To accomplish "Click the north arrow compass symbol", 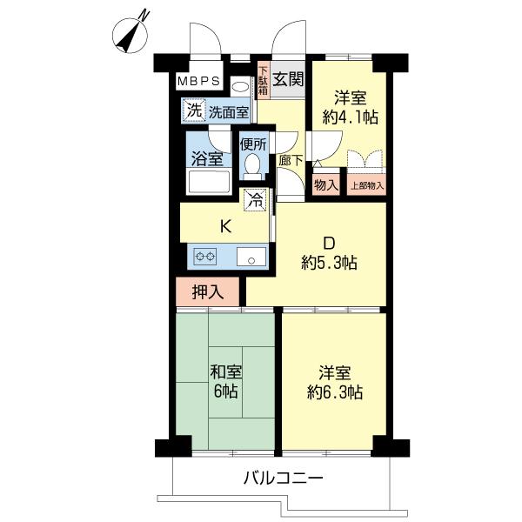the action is click(130, 36).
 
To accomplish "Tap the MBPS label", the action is click(198, 81).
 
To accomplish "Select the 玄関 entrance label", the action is click(288, 79).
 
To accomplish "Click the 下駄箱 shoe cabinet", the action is click(264, 81).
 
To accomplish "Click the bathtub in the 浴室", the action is click(209, 181).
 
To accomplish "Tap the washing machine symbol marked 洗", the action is click(194, 110).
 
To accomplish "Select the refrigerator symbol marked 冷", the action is click(256, 200).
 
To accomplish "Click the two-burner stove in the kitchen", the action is click(205, 257).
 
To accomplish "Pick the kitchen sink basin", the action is click(251, 257).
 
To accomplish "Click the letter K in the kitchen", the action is click(225, 227).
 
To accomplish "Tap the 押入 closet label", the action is click(207, 292).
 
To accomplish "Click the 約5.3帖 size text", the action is click(329, 263).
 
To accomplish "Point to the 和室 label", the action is click(225, 372).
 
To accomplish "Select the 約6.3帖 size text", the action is click(335, 392).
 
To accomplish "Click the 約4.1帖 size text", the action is click(350, 117).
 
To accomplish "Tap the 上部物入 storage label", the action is click(367, 186).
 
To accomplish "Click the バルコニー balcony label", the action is click(284, 479).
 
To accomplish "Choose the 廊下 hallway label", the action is click(291, 162).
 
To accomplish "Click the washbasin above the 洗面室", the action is click(240, 87).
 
